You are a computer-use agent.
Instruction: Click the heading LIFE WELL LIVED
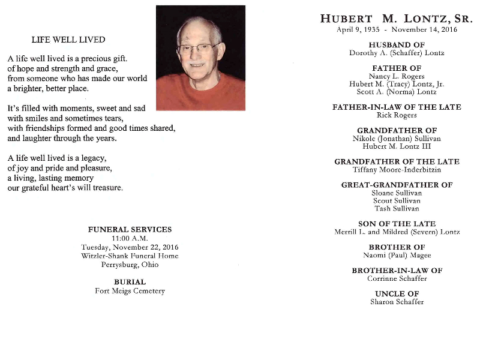pyautogui.click(x=68, y=40)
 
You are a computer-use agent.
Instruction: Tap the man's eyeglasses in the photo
pyautogui.click(x=198, y=49)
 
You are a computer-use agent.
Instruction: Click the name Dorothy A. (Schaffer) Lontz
pyautogui.click(x=397, y=53)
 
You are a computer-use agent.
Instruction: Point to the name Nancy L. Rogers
pyautogui.click(x=397, y=76)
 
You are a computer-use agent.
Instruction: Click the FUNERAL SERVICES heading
pyautogui.click(x=130, y=229)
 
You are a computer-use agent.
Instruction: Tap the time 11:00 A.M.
pyautogui.click(x=130, y=238)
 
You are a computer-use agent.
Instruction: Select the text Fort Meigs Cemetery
pyautogui.click(x=130, y=291)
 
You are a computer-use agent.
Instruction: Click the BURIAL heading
pyautogui.click(x=130, y=282)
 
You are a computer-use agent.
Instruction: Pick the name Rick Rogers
pyautogui.click(x=397, y=115)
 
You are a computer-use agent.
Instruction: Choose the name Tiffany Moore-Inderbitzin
pyautogui.click(x=397, y=170)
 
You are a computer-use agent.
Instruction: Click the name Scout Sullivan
pyautogui.click(x=397, y=201)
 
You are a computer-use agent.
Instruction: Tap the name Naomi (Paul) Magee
pyautogui.click(x=397, y=256)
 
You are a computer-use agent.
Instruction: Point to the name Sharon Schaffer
pyautogui.click(x=397, y=302)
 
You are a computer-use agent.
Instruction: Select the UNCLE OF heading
pyautogui.click(x=397, y=293)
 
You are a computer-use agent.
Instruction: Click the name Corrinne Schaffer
pyautogui.click(x=397, y=278)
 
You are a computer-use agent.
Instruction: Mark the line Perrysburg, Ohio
pyautogui.click(x=130, y=265)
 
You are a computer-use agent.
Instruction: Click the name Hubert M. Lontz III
pyautogui.click(x=397, y=146)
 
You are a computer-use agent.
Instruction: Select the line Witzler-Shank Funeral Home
pyautogui.click(x=130, y=256)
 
